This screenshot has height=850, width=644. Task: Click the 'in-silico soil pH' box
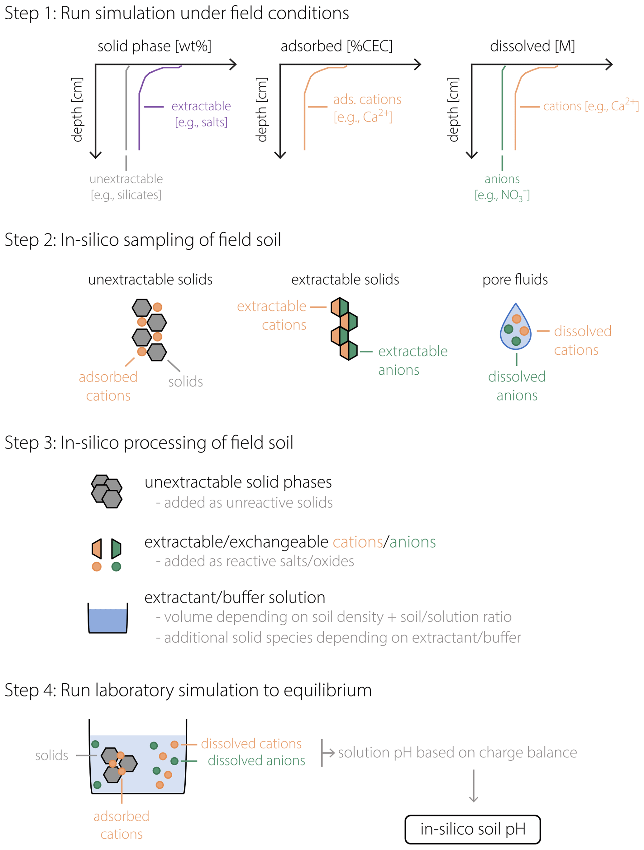tap(472, 829)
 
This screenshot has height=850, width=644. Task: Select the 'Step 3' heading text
tap(149, 443)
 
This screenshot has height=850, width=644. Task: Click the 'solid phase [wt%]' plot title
tap(154, 46)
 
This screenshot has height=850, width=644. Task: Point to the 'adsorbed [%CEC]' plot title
tap(336, 46)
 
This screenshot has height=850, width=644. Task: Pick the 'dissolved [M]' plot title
tap(532, 46)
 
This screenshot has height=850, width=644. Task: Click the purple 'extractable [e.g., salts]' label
tap(201, 114)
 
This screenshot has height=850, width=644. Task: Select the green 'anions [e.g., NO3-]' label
tap(502, 187)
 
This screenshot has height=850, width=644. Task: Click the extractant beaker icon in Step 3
tap(107, 617)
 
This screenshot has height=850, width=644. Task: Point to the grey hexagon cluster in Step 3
tap(106, 491)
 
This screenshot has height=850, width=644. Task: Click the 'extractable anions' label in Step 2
tap(413, 360)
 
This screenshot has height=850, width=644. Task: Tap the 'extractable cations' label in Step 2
tap(272, 315)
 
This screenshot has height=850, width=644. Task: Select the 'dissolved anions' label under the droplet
tap(517, 386)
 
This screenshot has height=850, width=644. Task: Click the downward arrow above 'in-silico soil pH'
tap(474, 785)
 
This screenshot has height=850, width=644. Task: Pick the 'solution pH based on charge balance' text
tap(457, 752)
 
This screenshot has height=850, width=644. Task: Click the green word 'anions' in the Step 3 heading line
tap(413, 542)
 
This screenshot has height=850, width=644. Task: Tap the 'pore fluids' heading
tap(515, 279)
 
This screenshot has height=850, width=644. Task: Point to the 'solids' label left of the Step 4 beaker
tap(51, 756)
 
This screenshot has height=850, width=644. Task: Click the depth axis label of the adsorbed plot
tap(261, 109)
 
